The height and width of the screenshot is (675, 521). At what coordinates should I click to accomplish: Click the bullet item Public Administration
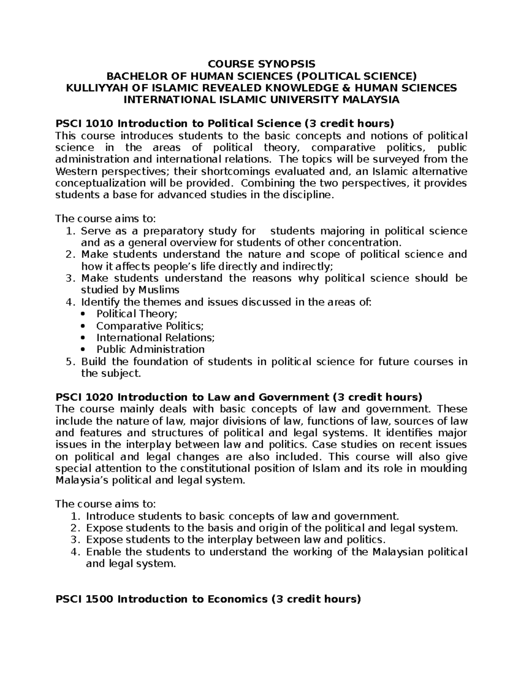150,349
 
